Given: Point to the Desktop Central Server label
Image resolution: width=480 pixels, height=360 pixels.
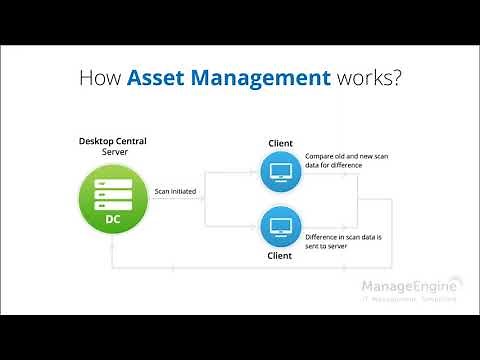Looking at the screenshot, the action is coord(114,147).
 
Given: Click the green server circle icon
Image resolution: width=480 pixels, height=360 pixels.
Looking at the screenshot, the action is coord(114,196).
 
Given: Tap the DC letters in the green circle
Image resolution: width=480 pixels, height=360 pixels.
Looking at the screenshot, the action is coord(114,218).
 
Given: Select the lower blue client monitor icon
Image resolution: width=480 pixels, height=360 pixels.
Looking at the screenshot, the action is coord(280,225).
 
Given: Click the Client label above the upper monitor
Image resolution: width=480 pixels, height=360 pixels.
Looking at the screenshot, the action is coord(280,144).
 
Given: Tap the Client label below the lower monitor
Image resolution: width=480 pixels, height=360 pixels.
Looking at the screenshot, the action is coord(280,256).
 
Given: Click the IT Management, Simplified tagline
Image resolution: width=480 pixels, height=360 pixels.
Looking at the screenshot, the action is coord(410,298).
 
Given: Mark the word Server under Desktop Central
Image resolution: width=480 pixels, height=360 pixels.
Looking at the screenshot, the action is coord(114,153).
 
